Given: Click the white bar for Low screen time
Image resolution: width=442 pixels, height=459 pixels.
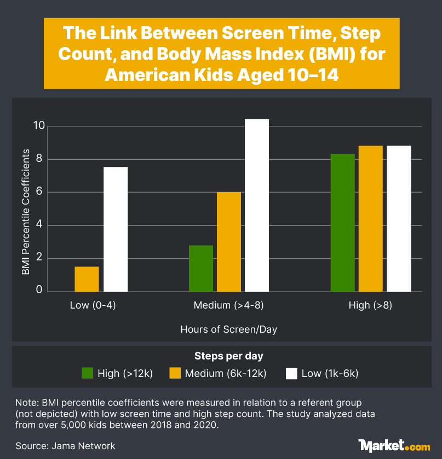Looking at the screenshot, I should pos(116,229).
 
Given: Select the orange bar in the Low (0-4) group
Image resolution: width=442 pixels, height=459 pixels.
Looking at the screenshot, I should pos(87,279).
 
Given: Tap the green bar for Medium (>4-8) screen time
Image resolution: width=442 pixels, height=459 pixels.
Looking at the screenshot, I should pos(201,268).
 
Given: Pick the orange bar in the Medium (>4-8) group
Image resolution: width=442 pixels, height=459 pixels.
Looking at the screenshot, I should pos(229,242).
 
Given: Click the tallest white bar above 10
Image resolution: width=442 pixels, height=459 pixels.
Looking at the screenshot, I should pos(257,205).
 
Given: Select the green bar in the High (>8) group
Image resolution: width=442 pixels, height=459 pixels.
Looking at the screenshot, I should pos(343,223).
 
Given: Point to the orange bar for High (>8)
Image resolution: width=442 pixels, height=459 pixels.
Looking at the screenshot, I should pos(371,219).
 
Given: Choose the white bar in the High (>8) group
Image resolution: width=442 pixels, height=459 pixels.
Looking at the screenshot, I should pos(399,219).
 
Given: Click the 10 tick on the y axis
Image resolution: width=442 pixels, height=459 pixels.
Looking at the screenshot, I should pos(38,125).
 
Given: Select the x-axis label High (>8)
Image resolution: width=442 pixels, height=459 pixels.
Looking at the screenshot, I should pos(370,305).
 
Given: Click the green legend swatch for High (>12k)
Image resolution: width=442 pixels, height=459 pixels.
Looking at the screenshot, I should pos(88,374).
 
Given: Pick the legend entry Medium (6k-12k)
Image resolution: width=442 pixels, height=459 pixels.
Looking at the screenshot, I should pos(225,374).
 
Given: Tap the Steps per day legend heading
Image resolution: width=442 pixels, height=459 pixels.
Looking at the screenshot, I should pos(229,356).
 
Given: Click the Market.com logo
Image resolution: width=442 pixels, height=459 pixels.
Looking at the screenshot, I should pos(394,445).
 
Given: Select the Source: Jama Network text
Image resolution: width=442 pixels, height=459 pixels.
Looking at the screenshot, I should pos(66,446).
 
